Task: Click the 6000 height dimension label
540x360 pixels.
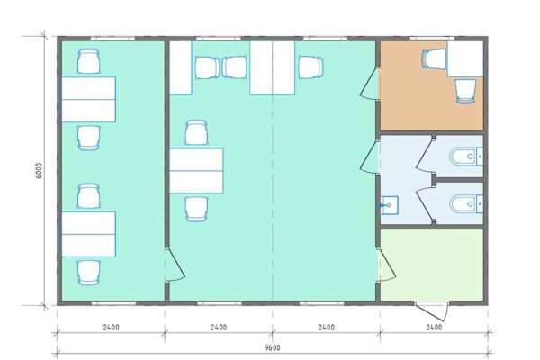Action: (x=39, y=170)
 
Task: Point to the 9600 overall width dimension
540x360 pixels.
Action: (x=272, y=348)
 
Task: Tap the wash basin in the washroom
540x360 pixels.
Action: (x=390, y=205)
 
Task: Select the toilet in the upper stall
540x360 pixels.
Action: (x=466, y=157)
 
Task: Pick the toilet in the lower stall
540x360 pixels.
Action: (x=466, y=204)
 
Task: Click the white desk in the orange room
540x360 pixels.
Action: (x=465, y=58)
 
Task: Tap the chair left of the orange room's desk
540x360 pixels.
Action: (x=434, y=58)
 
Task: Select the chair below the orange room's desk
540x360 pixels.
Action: (x=465, y=91)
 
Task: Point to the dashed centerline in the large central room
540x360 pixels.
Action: (x=273, y=171)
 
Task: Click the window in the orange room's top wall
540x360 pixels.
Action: (x=432, y=38)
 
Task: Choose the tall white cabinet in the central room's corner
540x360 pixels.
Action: (x=181, y=67)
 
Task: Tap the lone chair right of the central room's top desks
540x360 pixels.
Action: (x=310, y=67)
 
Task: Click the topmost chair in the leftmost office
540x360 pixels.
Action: (x=89, y=61)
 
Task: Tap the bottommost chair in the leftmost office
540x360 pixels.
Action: (x=89, y=273)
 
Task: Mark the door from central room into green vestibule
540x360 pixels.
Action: (x=389, y=265)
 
